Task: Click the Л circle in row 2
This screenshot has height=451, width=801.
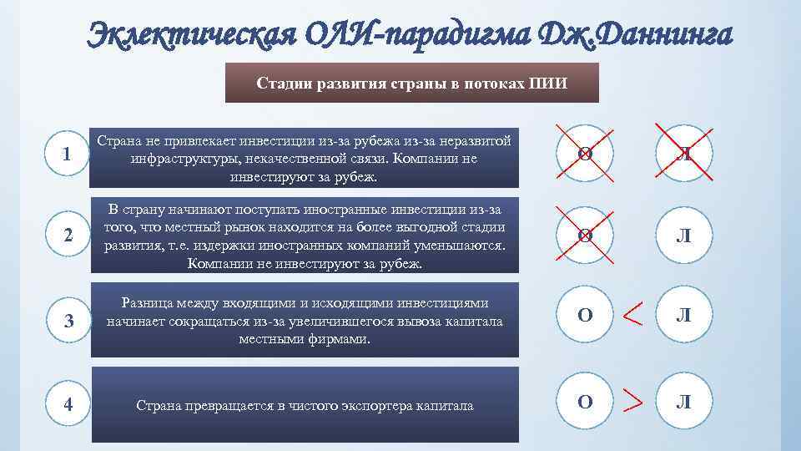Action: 683,237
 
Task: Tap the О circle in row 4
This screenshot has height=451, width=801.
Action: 585,402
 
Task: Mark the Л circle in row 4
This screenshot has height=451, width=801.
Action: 683,402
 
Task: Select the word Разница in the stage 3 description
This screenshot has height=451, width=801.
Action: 148,303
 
